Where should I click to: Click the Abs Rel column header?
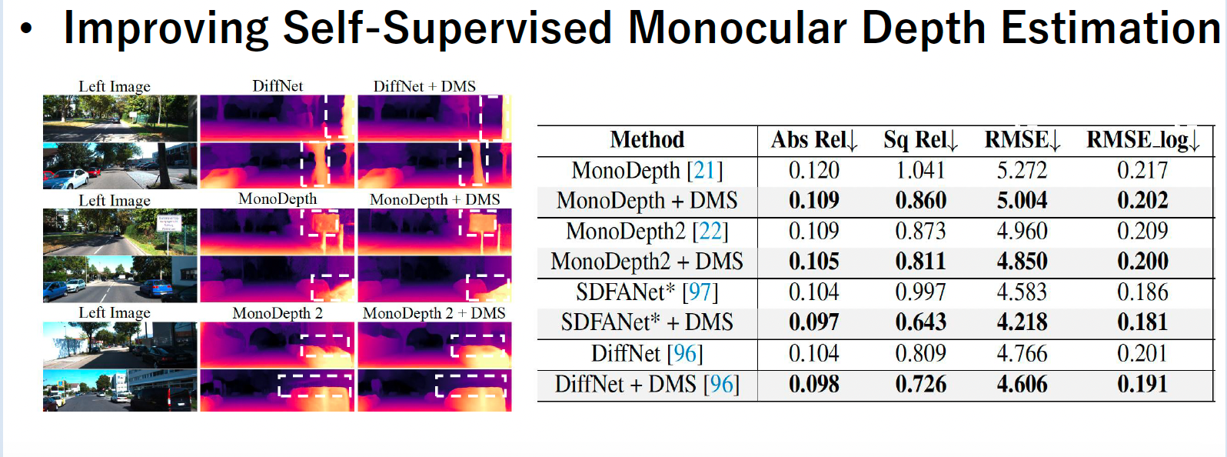click(813, 140)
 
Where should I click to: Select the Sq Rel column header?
click(919, 140)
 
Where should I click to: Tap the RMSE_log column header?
click(1142, 140)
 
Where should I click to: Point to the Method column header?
click(647, 140)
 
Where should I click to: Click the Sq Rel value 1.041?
click(920, 170)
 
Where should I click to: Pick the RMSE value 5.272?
click(1022, 170)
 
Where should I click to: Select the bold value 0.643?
click(920, 322)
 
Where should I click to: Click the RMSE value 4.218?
click(1022, 322)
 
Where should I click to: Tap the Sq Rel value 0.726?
click(920, 384)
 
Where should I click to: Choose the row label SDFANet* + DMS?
click(647, 322)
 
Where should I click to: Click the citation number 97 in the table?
click(700, 292)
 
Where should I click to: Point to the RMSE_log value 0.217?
click(1142, 170)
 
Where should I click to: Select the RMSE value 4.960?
click(1022, 231)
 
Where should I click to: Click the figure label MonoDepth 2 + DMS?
click(434, 313)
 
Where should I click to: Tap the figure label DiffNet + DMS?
click(424, 86)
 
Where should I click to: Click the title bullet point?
click(27, 29)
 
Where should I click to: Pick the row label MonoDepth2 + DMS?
click(647, 262)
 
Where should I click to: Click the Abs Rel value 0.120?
click(813, 170)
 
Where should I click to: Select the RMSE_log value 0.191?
click(1142, 384)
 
